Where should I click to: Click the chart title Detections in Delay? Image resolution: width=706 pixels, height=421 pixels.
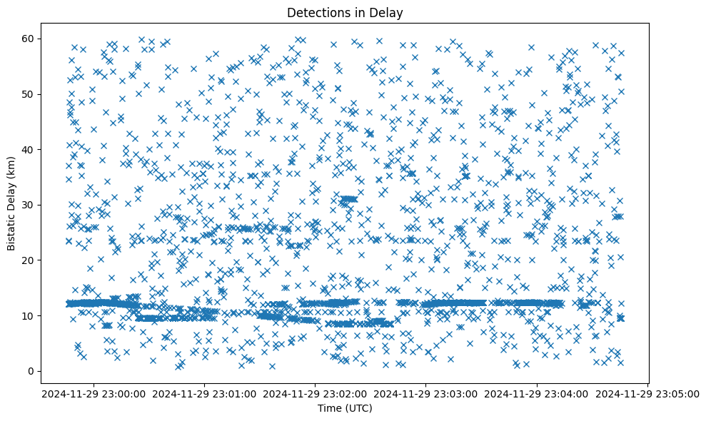tap(345, 12)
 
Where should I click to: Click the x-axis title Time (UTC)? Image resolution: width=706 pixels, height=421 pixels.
tap(345, 409)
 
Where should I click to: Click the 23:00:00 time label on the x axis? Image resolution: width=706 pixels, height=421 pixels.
tap(94, 393)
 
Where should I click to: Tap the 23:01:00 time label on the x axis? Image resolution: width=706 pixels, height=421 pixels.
tap(205, 393)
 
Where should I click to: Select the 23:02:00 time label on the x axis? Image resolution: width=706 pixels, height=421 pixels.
tap(316, 393)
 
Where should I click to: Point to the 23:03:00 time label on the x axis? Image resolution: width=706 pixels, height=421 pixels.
tap(426, 393)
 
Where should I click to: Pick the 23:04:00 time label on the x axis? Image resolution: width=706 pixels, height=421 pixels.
tap(537, 393)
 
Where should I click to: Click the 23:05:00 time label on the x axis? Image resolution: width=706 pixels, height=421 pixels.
tap(647, 393)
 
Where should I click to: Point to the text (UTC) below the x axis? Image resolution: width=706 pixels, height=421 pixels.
tap(358, 409)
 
